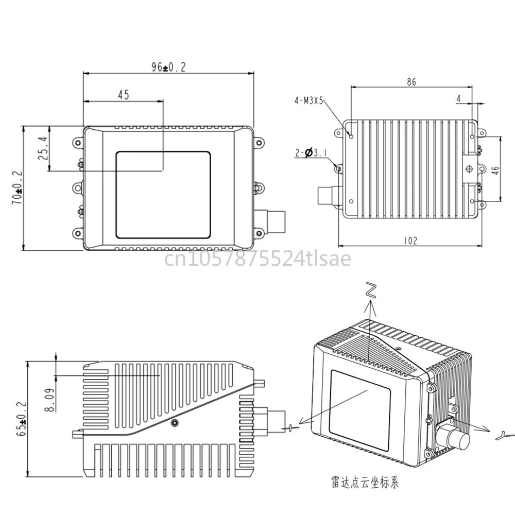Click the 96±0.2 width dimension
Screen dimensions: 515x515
(x=168, y=67)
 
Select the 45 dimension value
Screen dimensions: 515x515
(x=124, y=95)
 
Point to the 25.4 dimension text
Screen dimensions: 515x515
(x=43, y=148)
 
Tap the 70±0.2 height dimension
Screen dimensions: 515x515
(x=18, y=187)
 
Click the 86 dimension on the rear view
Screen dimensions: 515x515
(x=411, y=82)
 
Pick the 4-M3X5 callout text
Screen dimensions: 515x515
(x=308, y=100)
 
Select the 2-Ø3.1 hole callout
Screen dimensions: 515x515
(x=311, y=153)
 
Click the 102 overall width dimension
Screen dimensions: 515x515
(x=410, y=241)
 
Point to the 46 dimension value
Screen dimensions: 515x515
(x=495, y=170)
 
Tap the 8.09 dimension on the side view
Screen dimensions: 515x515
(x=50, y=400)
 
